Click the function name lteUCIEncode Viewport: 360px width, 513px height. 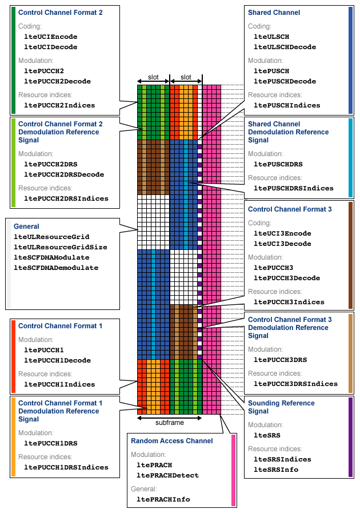click(x=50, y=37)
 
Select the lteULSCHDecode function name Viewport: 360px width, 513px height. click(x=284, y=47)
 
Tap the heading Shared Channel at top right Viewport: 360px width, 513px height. click(x=274, y=13)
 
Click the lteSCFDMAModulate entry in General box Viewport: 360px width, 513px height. click(x=56, y=257)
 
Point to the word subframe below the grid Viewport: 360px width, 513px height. click(x=170, y=423)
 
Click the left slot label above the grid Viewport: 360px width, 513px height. click(x=153, y=77)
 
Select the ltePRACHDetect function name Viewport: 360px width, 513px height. click(x=167, y=475)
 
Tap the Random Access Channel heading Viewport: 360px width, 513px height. click(x=171, y=441)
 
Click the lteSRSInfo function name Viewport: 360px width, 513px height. click(x=275, y=470)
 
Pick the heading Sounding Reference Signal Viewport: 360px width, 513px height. click(x=281, y=407)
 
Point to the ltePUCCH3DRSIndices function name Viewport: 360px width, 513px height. click(x=295, y=384)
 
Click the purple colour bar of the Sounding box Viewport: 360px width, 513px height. click(x=350, y=437)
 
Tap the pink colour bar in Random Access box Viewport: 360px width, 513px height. click(x=233, y=471)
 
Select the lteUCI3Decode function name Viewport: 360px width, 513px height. click(x=282, y=244)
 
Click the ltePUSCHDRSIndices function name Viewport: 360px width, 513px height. click(x=293, y=188)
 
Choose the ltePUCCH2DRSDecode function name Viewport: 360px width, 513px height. click(x=64, y=174)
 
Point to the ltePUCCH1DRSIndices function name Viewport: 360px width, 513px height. click(x=66, y=467)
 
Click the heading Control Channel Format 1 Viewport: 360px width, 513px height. click(x=60, y=326)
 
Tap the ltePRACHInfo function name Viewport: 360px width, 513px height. click(x=163, y=499)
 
